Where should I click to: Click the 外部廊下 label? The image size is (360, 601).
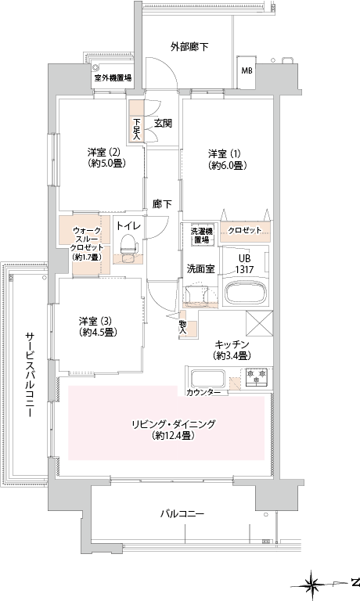189,47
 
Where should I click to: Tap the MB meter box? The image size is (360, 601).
247,72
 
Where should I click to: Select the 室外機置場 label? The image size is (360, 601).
113,77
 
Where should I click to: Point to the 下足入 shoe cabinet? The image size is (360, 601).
136,121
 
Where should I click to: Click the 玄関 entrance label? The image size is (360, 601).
163,124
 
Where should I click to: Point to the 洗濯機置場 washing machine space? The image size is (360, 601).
201,236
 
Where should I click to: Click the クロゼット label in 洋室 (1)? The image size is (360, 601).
245,231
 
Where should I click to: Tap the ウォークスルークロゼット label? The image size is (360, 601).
87,244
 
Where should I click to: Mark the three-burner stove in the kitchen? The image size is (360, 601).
257,376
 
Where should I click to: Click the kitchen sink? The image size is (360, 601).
207,379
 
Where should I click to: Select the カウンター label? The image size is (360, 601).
203,393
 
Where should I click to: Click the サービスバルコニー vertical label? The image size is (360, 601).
30,375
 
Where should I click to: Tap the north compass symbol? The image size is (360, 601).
315,585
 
